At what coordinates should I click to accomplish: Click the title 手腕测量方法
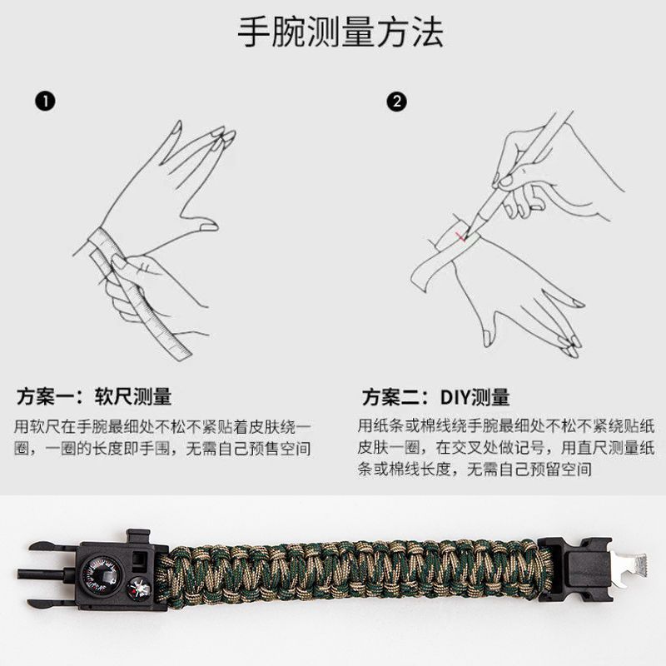[x=340, y=32]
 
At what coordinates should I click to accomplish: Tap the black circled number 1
[x=45, y=102]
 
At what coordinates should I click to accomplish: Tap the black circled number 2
[x=397, y=102]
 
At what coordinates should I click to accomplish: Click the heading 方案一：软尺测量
[x=94, y=396]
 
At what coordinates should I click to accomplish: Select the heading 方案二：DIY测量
[x=435, y=397]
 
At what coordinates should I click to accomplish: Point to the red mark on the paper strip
[x=460, y=237]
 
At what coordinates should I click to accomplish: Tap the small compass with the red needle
[x=139, y=589]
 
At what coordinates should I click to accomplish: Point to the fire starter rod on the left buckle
[x=47, y=574]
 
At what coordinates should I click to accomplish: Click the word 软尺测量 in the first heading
[x=133, y=396]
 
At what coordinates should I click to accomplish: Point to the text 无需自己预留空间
[x=529, y=470]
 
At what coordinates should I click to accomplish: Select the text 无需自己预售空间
[x=248, y=449]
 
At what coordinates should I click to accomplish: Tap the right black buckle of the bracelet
[x=575, y=569]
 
